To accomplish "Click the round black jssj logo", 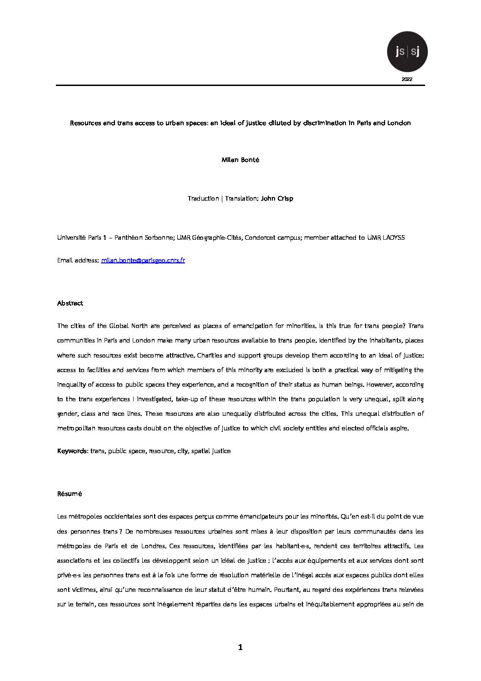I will (x=407, y=52).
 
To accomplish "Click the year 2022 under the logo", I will (x=407, y=79).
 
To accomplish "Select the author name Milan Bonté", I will (x=240, y=160).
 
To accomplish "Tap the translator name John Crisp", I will (x=277, y=198).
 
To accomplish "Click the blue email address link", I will (x=143, y=260).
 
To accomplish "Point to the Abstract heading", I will (x=70, y=303).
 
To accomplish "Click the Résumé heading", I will (x=70, y=494).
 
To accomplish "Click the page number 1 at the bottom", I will (x=240, y=647).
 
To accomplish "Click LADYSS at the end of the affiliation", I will (x=393, y=237).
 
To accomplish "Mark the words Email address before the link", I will (x=78, y=260).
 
